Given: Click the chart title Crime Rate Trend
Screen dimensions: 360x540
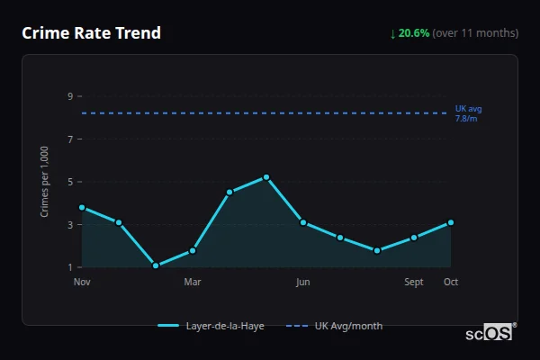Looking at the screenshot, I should [91, 33].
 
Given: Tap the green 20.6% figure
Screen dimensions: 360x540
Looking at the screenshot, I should [413, 33].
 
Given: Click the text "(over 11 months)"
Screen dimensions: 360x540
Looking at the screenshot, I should [475, 33].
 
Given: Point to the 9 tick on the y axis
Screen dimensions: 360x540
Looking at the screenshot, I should [70, 96].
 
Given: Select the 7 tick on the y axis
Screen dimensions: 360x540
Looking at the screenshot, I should [70, 139].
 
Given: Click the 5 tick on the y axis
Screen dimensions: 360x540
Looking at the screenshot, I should [70, 182].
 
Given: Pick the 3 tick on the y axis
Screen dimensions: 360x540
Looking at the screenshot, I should [70, 225].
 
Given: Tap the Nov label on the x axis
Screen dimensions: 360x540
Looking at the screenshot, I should [82, 282].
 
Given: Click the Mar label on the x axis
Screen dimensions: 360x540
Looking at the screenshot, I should [192, 282].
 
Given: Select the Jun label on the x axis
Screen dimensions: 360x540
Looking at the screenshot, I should [303, 282].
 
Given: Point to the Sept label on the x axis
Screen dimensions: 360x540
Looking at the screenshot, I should [414, 282].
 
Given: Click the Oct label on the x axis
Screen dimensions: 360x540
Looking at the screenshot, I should [451, 282].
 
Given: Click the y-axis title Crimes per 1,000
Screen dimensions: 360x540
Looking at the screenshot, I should [45, 181].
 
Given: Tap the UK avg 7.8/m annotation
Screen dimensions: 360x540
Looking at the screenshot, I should [468, 113].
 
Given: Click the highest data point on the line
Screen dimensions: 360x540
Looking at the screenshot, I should [266, 177].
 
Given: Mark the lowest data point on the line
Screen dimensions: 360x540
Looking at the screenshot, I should [156, 265].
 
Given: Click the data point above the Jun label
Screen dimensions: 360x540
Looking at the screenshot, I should [303, 222].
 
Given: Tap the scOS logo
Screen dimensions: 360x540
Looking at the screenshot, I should [490, 332].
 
